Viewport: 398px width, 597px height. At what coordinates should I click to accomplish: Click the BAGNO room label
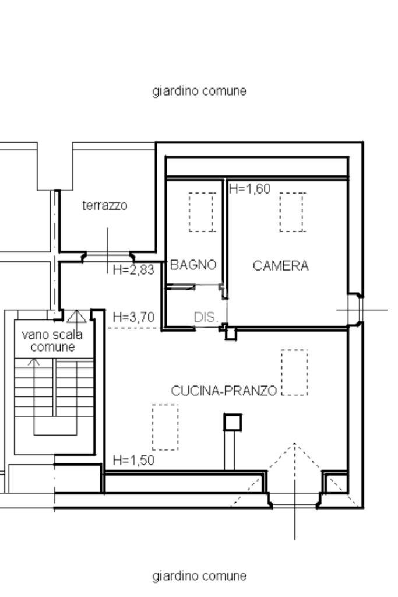pos(193,265)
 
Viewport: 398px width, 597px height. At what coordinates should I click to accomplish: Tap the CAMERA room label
pos(280,265)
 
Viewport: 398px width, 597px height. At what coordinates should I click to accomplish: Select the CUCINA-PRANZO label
pos(224,391)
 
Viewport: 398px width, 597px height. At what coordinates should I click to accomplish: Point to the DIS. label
pos(206,317)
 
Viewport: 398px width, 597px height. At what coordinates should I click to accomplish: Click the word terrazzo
pos(105,205)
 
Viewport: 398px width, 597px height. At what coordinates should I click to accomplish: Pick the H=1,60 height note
pos(249,188)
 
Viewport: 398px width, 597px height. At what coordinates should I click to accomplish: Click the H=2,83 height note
pos(133,269)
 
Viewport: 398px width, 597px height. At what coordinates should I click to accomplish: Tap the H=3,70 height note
pos(133,317)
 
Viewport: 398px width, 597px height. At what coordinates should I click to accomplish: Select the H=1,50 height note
pos(133,460)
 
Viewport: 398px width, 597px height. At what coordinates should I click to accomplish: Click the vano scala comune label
pos(52,340)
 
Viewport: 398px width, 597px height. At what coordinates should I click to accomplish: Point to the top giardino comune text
pos(199,91)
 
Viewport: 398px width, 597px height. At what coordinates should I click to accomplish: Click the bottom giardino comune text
pos(199,575)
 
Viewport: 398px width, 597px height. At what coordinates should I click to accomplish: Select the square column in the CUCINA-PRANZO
pos(233,422)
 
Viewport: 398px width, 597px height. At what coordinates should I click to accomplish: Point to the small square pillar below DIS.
pos(231,334)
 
